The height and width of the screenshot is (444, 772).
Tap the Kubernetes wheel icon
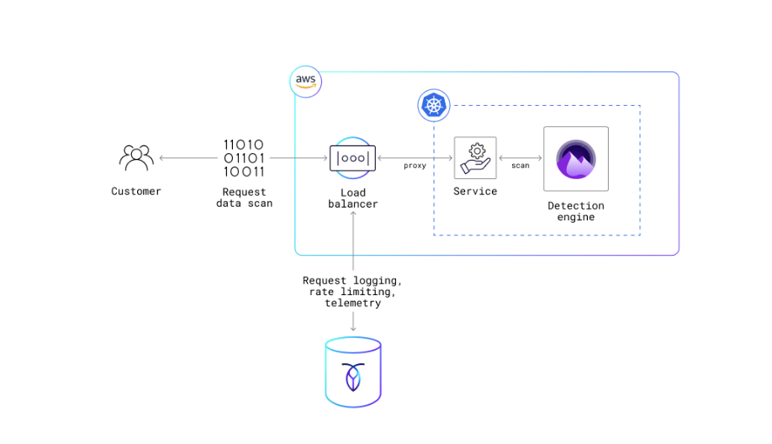433,105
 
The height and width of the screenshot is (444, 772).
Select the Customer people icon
136,157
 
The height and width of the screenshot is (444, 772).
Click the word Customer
136,191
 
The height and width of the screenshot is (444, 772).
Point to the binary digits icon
244,158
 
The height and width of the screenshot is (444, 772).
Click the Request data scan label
244,198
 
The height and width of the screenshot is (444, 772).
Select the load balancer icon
352,158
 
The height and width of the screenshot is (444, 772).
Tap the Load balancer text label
353,198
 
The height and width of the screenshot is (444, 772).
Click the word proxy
415,166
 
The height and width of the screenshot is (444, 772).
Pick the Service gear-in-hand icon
475,158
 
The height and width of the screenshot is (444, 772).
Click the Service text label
475,191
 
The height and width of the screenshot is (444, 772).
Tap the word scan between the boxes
521,166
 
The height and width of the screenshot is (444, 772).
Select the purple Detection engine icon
576,159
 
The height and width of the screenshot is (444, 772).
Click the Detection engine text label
576,211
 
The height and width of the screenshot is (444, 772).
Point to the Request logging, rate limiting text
353,286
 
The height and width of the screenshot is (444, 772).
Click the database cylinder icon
353,373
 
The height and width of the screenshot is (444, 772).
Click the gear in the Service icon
477,151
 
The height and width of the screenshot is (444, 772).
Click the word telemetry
353,303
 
